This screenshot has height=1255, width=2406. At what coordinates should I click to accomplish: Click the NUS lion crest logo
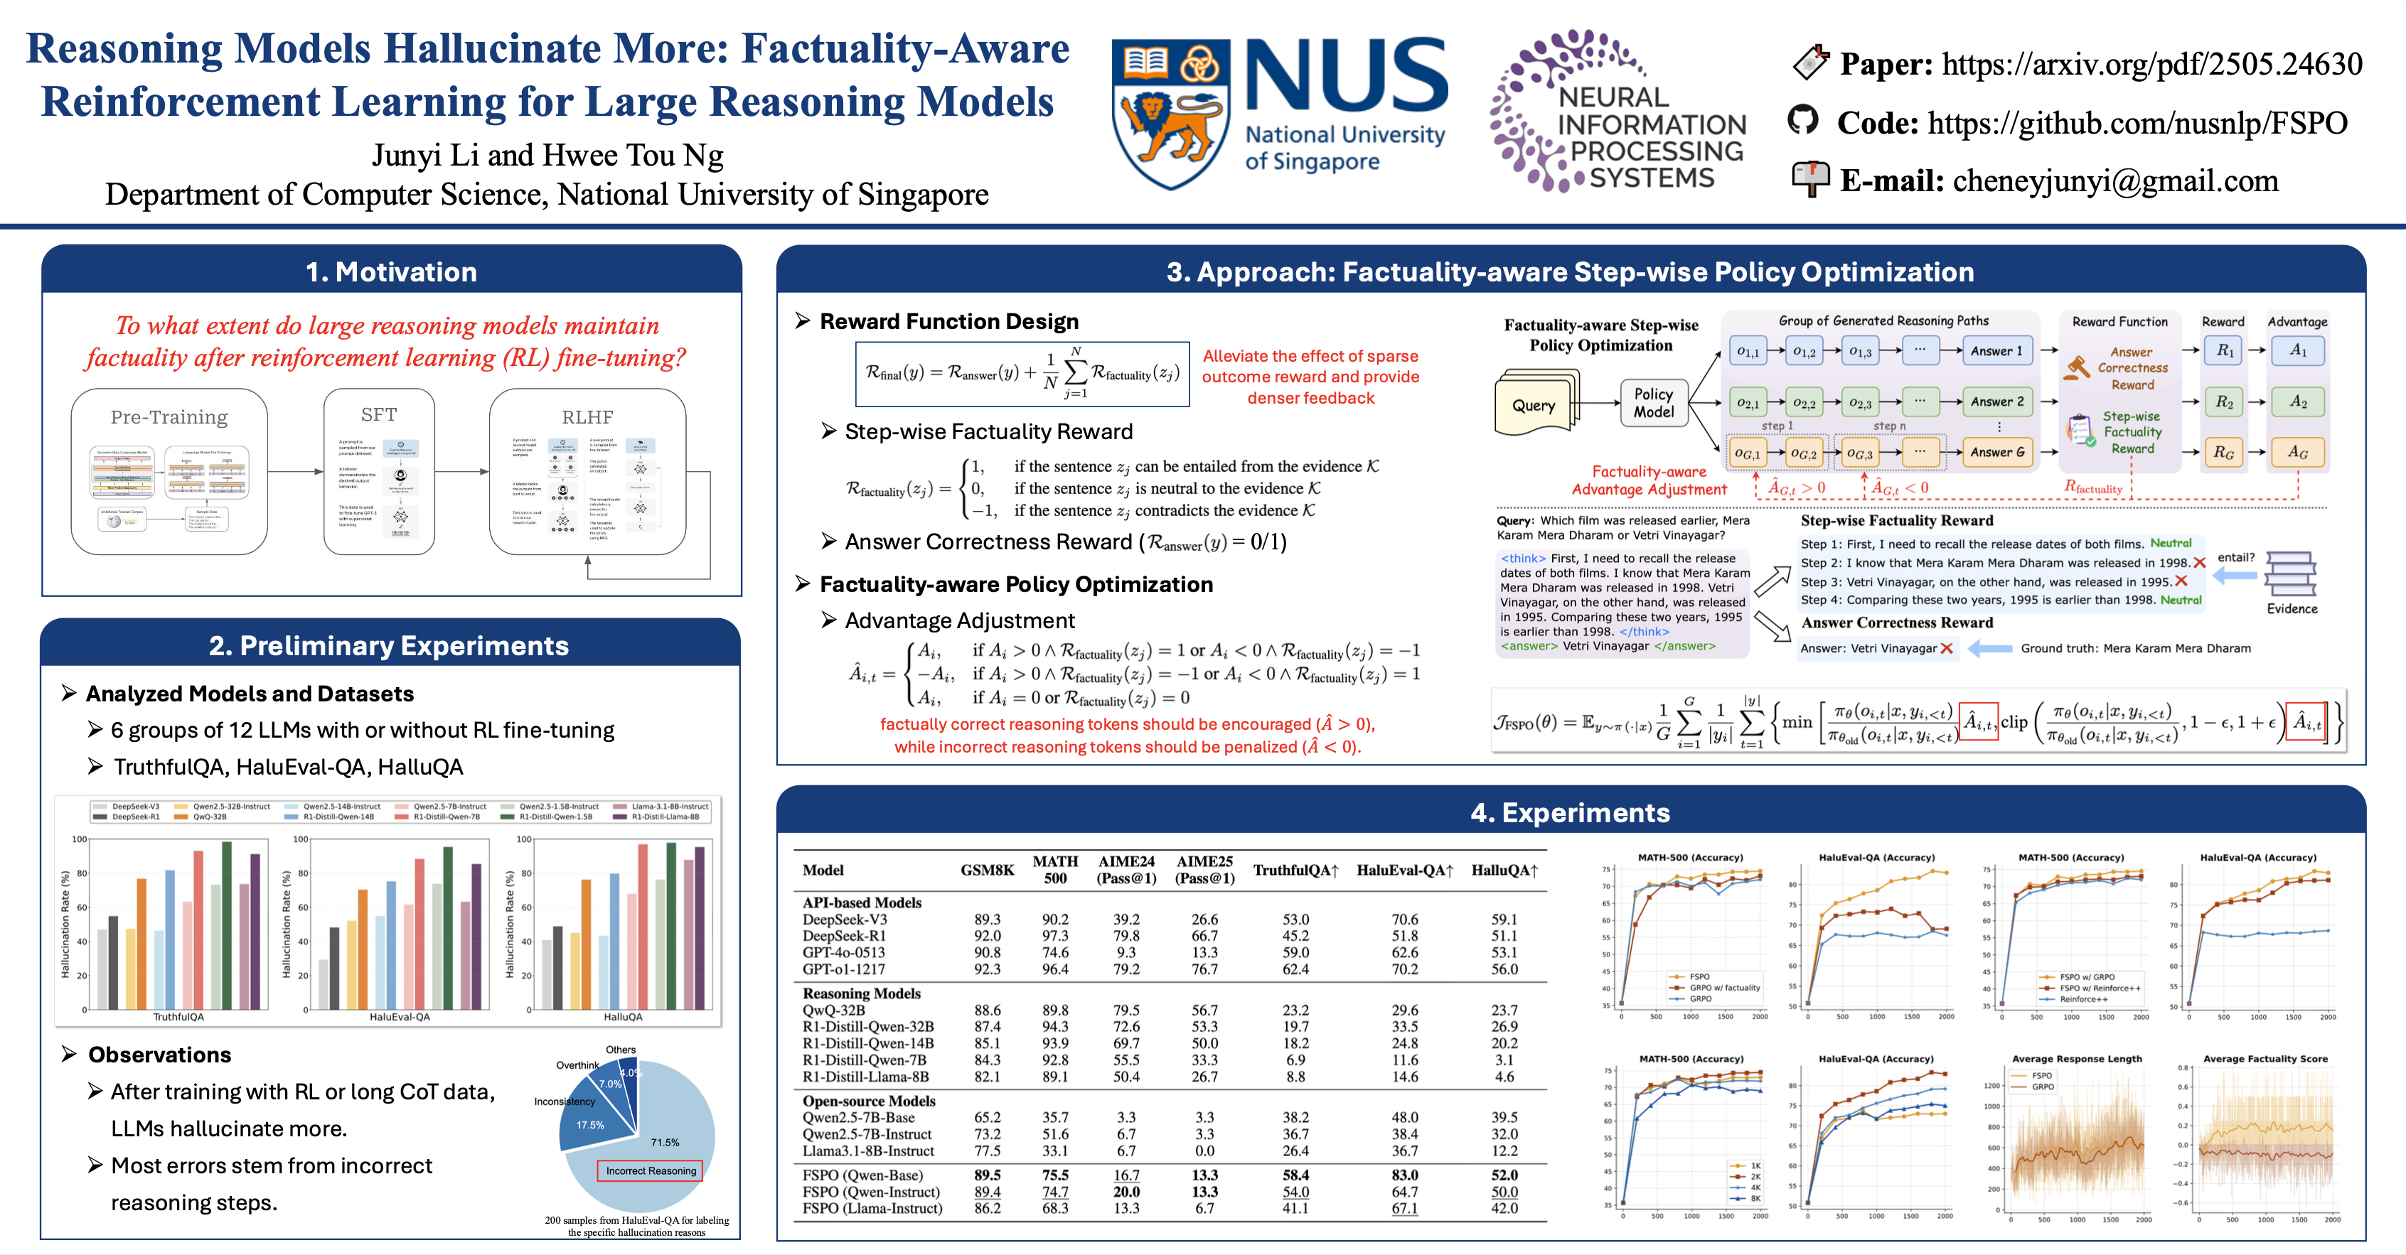1170,112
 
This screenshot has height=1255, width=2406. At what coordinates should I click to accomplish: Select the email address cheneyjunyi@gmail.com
2115,181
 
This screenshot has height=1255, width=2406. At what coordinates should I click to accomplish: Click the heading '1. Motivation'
391,271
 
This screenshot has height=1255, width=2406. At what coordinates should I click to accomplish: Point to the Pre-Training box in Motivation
169,472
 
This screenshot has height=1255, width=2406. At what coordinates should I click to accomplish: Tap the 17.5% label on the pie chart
590,1125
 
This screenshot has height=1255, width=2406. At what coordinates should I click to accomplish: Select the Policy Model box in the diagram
1653,402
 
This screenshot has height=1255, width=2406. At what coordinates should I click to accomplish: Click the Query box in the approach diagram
1534,405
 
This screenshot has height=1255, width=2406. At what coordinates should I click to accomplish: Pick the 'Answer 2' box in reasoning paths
1997,402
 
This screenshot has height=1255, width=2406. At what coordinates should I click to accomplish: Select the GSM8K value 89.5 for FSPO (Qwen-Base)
988,1175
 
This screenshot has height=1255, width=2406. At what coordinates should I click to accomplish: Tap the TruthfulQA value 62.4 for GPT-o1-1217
1295,969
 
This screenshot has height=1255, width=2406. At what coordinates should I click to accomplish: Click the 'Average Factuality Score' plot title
2265,1059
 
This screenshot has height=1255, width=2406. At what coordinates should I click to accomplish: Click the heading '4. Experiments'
1570,812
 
